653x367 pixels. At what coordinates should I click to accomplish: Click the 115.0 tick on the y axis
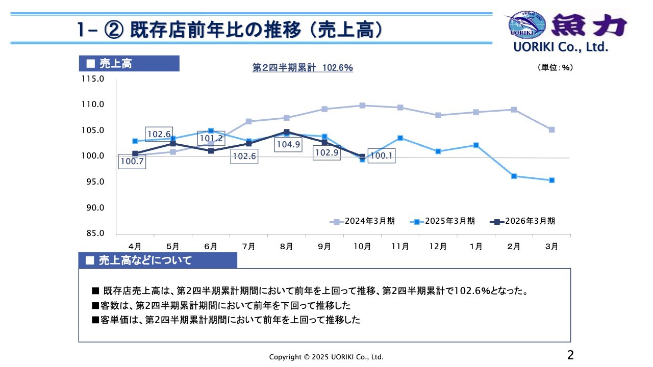click(94, 79)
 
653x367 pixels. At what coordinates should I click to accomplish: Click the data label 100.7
click(132, 162)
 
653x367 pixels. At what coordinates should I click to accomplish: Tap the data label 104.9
click(288, 145)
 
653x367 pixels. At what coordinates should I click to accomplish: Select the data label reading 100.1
click(381, 156)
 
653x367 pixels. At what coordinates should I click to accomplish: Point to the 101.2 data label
click(211, 139)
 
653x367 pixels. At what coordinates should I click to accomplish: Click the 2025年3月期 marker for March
click(551, 180)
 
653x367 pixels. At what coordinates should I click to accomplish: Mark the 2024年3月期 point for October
click(362, 106)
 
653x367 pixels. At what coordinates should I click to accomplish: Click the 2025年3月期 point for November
click(400, 138)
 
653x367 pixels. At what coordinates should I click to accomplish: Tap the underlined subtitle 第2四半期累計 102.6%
click(303, 67)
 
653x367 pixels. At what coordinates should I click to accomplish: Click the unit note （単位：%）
click(555, 67)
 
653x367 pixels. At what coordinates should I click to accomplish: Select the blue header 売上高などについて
click(145, 260)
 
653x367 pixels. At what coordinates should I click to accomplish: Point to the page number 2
click(570, 355)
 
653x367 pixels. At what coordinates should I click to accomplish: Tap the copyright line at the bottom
click(326, 357)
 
